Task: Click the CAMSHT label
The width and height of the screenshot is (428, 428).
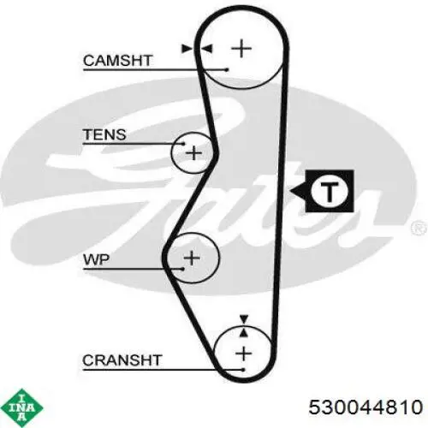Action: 117,61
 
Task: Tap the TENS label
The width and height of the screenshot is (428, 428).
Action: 104,134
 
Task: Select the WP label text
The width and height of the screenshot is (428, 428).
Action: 96,259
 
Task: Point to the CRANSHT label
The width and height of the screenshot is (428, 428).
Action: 122,360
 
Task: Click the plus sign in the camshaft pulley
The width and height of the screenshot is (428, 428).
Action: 241,49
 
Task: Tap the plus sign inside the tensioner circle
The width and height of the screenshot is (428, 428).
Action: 194,153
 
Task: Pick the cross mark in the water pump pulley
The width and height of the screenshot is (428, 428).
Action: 192,258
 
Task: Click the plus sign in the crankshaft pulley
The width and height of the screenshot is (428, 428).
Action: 244,354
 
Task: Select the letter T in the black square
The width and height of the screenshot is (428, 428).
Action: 330,191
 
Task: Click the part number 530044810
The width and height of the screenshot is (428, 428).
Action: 366,407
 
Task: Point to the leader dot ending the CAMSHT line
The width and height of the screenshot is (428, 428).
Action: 227,69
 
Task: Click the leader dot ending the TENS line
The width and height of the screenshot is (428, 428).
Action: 183,144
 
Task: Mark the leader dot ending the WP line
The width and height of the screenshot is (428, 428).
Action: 182,269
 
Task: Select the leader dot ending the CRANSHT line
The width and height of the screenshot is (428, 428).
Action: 243,370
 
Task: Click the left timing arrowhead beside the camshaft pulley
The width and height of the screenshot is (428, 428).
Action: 187,49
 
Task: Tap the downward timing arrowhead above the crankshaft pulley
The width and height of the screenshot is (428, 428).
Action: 244,319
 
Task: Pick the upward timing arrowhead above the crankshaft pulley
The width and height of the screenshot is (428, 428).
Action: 243,332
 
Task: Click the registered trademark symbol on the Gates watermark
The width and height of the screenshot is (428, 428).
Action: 419,228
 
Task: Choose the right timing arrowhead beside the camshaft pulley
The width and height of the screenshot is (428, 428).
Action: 206,49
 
